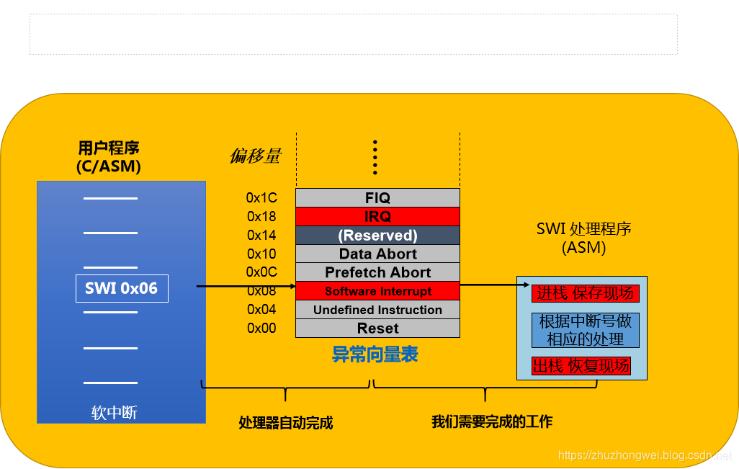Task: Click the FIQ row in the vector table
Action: tap(377, 197)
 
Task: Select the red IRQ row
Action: tap(377, 216)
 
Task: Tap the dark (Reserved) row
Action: tap(377, 235)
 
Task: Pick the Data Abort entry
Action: tap(377, 254)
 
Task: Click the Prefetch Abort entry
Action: tap(377, 272)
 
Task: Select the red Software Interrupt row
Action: tap(377, 291)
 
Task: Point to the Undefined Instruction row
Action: tap(377, 310)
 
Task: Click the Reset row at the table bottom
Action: tap(377, 329)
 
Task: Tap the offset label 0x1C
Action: tap(261, 197)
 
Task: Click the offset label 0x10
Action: tap(261, 254)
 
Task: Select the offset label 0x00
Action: tap(261, 329)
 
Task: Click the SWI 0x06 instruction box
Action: tap(122, 288)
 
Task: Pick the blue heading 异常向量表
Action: tap(375, 354)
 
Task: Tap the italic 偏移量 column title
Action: tap(255, 156)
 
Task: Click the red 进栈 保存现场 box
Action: tap(586, 293)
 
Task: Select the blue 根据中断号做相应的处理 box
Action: tap(585, 330)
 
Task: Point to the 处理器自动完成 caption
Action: tap(286, 423)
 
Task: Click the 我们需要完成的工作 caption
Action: tap(492, 421)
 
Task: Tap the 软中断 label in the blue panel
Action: tap(114, 413)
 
